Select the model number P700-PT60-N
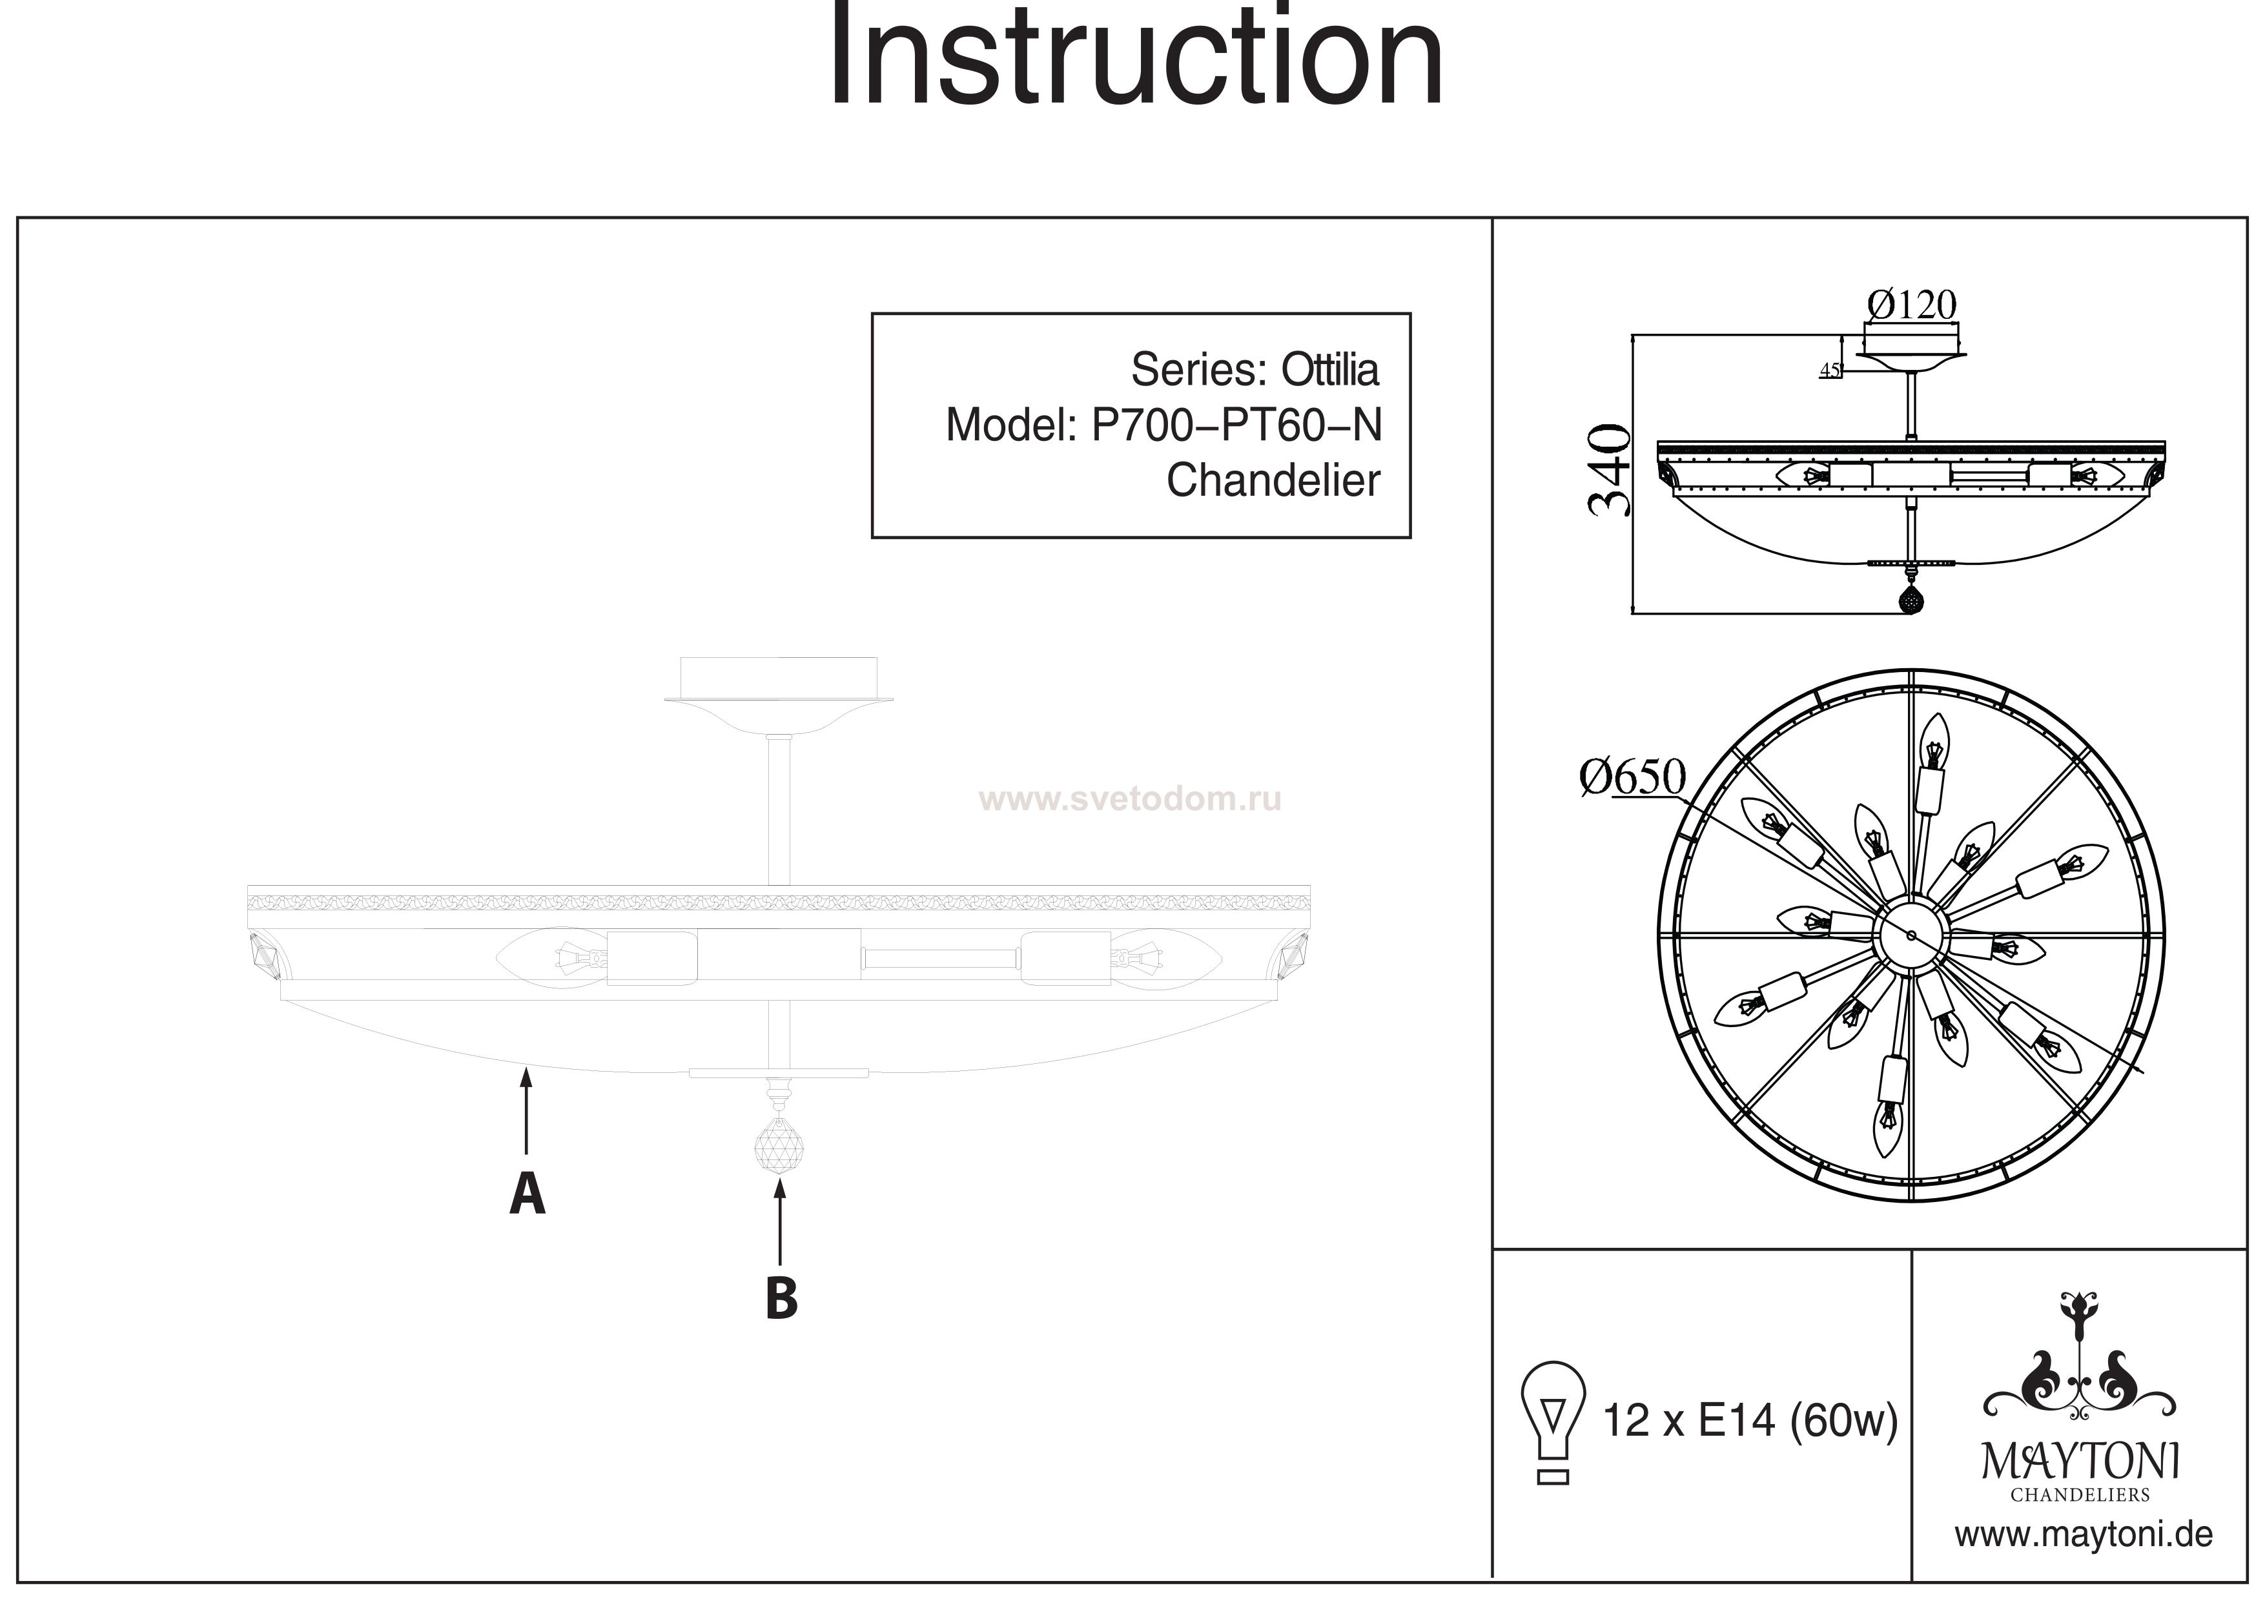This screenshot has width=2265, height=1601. click(x=1236, y=426)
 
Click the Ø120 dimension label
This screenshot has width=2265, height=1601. click(x=1911, y=306)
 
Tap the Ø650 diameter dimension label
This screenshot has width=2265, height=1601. click(x=1633, y=777)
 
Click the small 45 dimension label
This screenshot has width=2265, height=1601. click(x=1830, y=371)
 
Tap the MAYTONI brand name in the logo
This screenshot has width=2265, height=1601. click(x=2080, y=1461)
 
